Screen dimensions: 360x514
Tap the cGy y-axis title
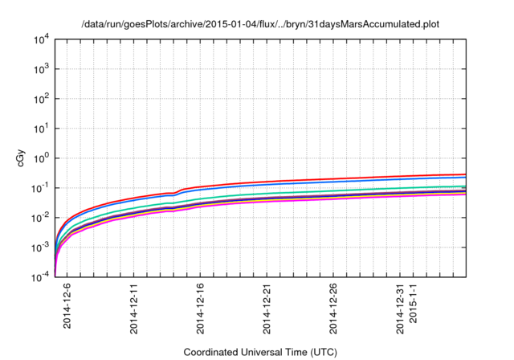22,158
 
